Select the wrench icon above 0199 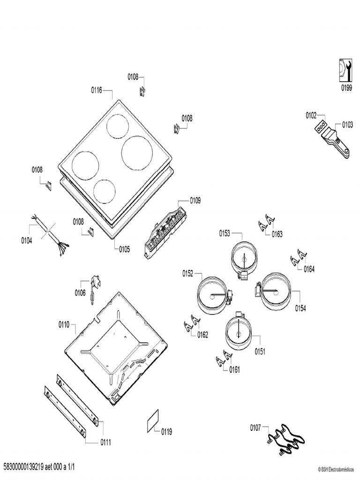coord(345,70)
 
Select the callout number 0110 coord(64,324)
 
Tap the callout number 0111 coord(105,442)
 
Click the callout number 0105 coord(124,249)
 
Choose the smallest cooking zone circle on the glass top coord(104,191)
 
